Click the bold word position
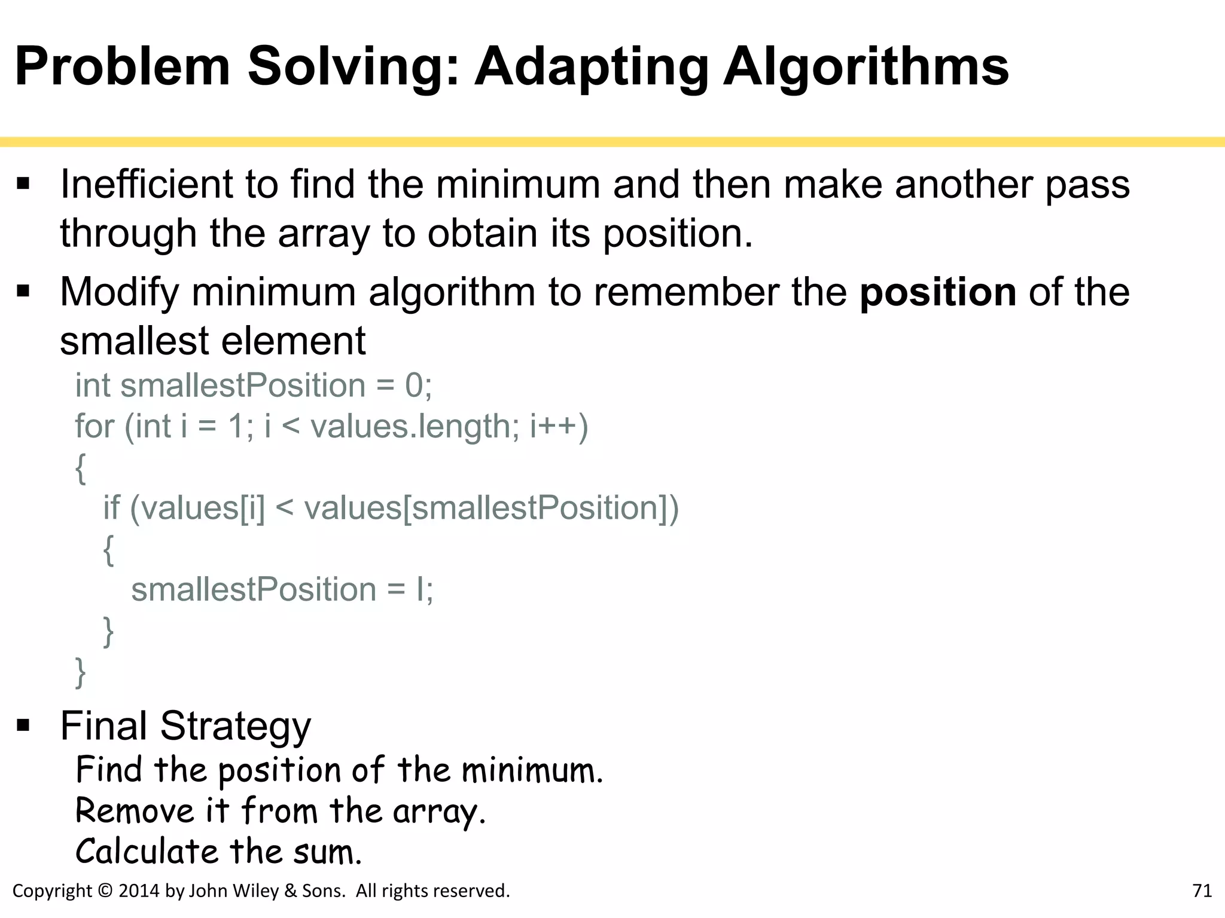coord(937,292)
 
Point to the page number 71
coord(1202,891)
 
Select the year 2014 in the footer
coord(139,891)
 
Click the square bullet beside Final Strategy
coord(23,726)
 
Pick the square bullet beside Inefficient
coord(23,183)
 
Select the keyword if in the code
coord(111,508)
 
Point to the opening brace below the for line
coord(81,468)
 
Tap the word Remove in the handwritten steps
coord(135,811)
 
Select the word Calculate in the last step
coord(147,852)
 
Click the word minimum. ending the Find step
coord(532,770)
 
